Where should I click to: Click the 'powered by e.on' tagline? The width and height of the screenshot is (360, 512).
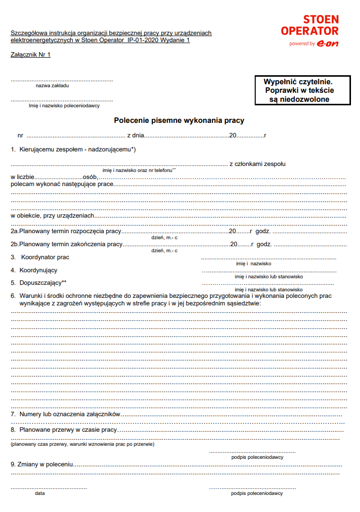(x=313, y=44)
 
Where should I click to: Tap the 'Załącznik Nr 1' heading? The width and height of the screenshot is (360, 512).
(x=31, y=55)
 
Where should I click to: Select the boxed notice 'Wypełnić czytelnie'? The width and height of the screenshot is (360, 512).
(x=299, y=90)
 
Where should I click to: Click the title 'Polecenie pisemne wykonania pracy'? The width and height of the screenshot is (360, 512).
(x=179, y=120)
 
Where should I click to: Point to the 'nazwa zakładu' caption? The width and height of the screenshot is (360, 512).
(x=52, y=86)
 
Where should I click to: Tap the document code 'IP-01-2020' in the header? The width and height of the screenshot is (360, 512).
(x=143, y=40)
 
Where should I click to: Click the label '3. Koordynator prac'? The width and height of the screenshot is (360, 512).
(x=41, y=257)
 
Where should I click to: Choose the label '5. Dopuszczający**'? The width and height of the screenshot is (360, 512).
(x=39, y=283)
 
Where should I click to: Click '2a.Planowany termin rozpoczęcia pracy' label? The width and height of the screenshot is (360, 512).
(x=66, y=231)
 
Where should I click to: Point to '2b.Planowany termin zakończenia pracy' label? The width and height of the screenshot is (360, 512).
(x=67, y=244)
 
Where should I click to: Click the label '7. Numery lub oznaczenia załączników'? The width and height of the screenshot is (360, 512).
(x=66, y=414)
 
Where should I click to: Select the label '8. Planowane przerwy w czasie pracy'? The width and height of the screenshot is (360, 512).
(x=64, y=430)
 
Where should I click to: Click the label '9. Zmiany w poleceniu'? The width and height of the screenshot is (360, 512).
(x=42, y=465)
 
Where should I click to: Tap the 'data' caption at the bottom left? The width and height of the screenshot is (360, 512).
(x=40, y=493)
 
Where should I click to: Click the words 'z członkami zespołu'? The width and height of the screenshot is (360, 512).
(x=257, y=163)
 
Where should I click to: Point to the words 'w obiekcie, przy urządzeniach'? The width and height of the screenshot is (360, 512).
(x=53, y=215)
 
